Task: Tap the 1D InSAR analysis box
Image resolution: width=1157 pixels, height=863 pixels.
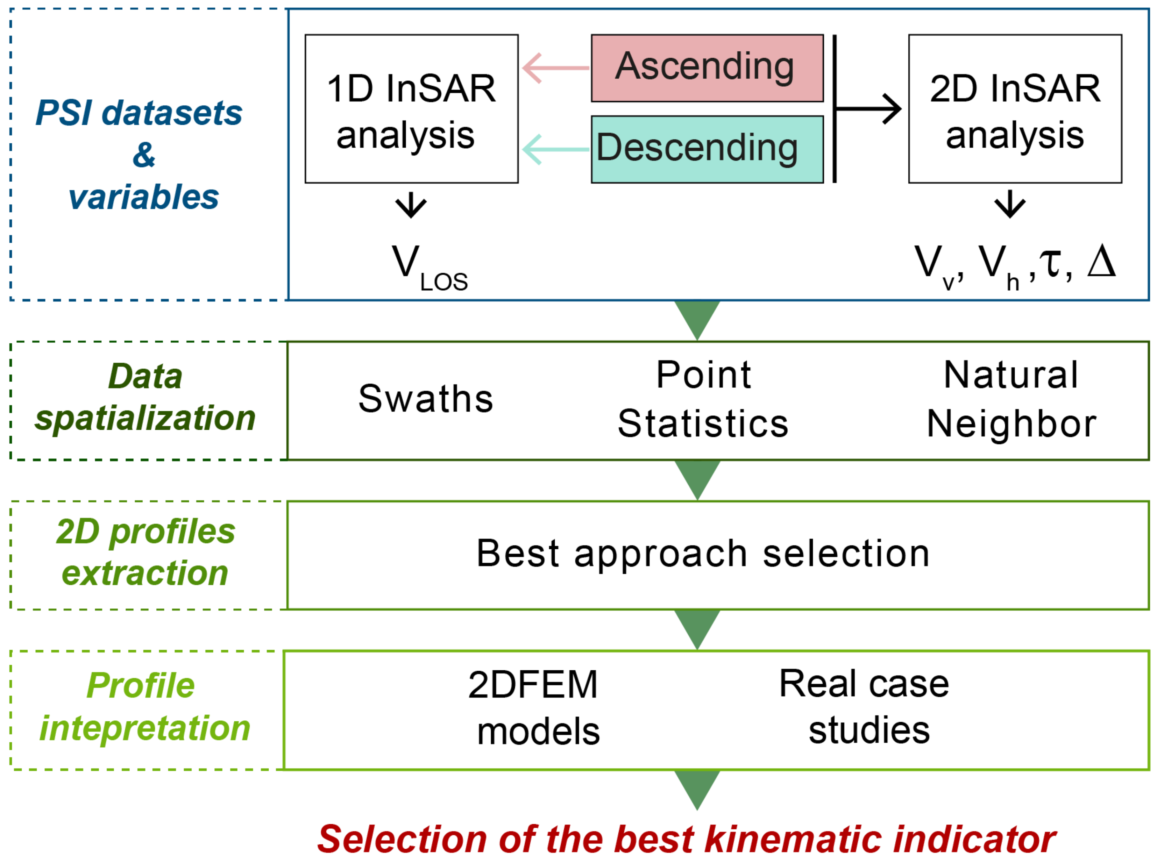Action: [411, 109]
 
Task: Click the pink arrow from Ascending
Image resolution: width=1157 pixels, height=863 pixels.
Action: [555, 68]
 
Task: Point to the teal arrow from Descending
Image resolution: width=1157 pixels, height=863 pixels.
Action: [555, 149]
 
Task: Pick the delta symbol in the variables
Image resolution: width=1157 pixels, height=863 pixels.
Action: [1101, 261]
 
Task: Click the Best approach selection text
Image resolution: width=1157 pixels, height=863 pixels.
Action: [703, 554]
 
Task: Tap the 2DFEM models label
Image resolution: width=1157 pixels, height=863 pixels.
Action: [535, 707]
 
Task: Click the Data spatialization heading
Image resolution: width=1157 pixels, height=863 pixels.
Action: [145, 397]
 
